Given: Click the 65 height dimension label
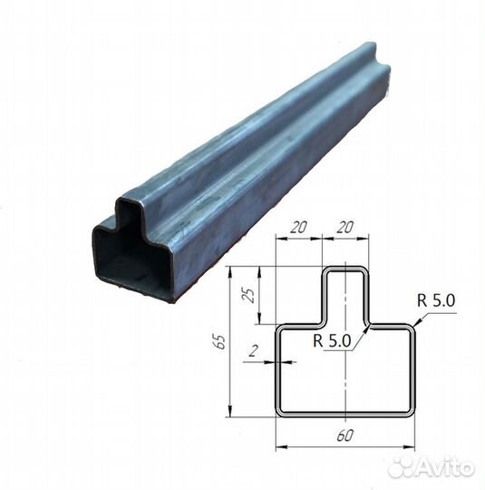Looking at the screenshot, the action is (220, 341).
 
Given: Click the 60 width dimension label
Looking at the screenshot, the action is (345, 436).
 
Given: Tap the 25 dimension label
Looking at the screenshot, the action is (249, 295).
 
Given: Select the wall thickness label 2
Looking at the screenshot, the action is (253, 351).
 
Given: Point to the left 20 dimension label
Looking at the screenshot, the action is (298, 227).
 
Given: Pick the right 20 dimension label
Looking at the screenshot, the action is (344, 227).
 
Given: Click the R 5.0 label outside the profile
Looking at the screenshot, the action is (436, 301).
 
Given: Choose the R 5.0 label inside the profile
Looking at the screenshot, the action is (333, 340).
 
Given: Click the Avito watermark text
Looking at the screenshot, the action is (445, 468).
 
